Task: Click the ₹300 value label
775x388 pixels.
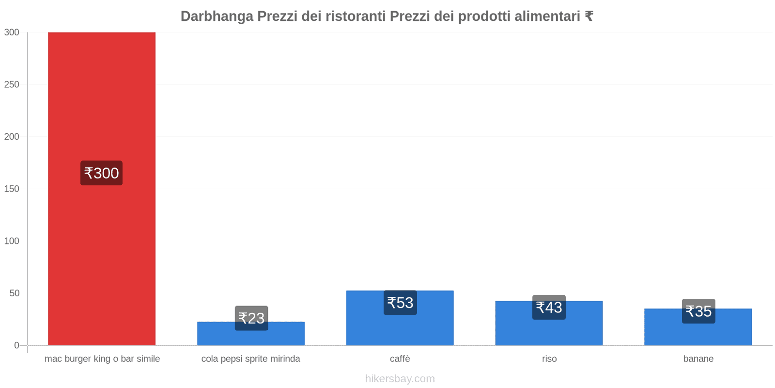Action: tap(101, 173)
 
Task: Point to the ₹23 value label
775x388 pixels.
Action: tap(251, 318)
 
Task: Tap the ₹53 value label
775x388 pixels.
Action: tap(400, 303)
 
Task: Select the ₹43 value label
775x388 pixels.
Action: tap(549, 307)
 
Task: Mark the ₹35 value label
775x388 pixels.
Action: tap(698, 311)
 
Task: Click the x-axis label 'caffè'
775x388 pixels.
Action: tap(400, 359)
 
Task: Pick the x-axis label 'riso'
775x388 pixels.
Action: tap(549, 359)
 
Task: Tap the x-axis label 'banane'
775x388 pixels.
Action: tap(698, 359)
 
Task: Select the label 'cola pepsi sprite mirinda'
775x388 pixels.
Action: tap(251, 359)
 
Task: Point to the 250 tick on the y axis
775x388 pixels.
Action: tap(12, 84)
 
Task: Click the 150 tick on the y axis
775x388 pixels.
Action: tap(12, 189)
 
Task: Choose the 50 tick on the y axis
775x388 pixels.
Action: tap(14, 293)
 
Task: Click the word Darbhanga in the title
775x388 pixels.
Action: tap(217, 16)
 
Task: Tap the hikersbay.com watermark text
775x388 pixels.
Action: tap(400, 379)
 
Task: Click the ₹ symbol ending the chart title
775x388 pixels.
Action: tap(589, 16)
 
